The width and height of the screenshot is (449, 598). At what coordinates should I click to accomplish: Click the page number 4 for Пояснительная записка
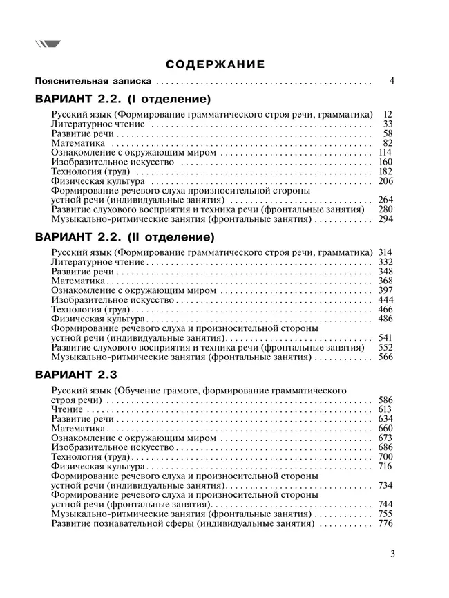pos(391,81)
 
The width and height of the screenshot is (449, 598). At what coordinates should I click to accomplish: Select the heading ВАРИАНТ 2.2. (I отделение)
pos(122,99)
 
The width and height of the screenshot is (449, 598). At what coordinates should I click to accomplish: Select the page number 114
pos(385,152)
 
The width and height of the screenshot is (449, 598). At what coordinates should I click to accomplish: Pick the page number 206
pos(385,181)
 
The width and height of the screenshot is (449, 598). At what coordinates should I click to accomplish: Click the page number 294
pos(385,219)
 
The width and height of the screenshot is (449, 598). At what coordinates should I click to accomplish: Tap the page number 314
pos(385,252)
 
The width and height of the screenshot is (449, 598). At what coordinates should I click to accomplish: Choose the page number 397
pos(385,290)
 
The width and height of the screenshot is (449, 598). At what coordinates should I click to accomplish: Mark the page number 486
pos(385,319)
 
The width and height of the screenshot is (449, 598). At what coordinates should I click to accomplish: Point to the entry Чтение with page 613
pos(67,409)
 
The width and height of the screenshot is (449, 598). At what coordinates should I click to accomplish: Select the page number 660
pos(385,429)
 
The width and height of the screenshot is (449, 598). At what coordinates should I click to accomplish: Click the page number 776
pos(385,524)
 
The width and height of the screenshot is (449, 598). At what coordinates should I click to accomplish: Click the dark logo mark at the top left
pos(48,44)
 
